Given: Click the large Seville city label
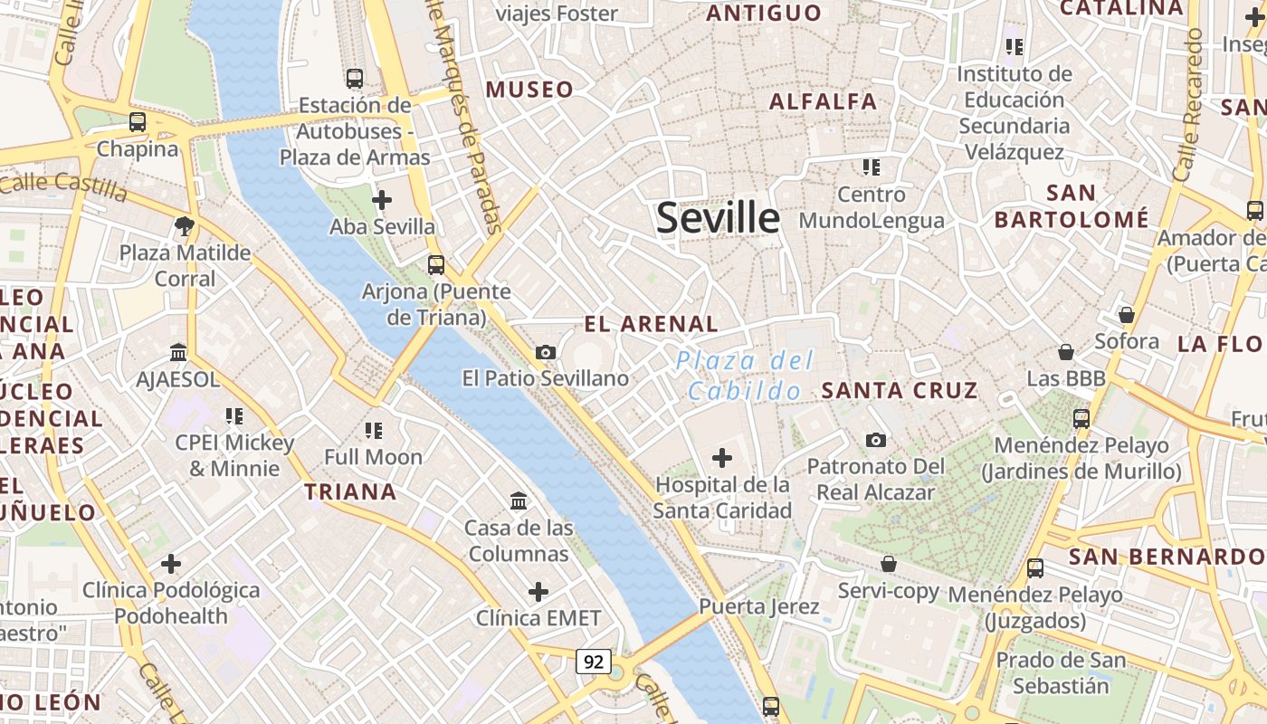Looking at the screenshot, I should tap(718, 218).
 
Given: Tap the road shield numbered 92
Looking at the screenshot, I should tap(593, 662).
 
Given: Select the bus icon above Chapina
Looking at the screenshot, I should tap(138, 121).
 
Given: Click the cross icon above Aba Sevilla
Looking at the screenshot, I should tap(382, 199).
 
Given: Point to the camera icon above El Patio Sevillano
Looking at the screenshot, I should tap(545, 352).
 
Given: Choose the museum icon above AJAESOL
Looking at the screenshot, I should tap(178, 352).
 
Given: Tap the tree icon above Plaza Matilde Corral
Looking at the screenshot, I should tap(185, 225).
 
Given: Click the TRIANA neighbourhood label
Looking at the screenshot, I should tap(350, 492).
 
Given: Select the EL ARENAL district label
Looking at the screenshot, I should tap(651, 324).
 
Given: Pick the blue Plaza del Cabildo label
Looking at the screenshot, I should tap(745, 376).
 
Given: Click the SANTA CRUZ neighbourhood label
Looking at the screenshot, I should tap(899, 391).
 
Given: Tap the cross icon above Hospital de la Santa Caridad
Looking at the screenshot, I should tap(722, 458).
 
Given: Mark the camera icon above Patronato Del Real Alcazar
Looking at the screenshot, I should tap(875, 440).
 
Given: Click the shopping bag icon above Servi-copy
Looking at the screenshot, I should tap(889, 564).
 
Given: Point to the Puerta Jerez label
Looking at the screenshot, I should tap(759, 606).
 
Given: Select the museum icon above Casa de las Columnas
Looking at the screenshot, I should tap(519, 500).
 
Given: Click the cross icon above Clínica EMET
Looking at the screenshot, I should tap(538, 592).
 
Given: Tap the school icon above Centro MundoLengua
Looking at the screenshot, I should tap(871, 167).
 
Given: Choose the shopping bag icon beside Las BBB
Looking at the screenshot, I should tap(1066, 351).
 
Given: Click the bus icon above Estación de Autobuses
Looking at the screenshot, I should tap(354, 79).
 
